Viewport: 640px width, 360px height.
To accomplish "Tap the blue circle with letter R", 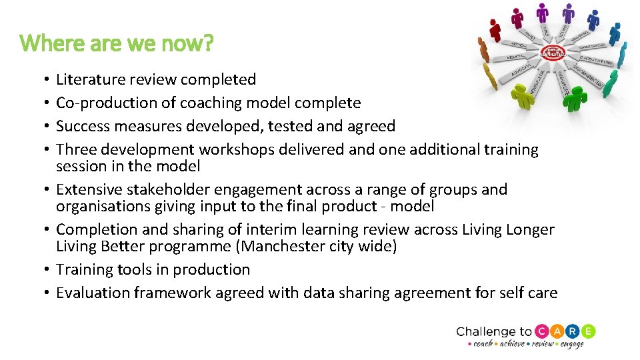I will (573, 331).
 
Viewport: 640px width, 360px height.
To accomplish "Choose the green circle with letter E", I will (588, 331).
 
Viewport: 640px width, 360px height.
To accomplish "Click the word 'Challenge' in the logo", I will (485, 332).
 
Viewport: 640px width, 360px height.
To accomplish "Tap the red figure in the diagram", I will (495, 30).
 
